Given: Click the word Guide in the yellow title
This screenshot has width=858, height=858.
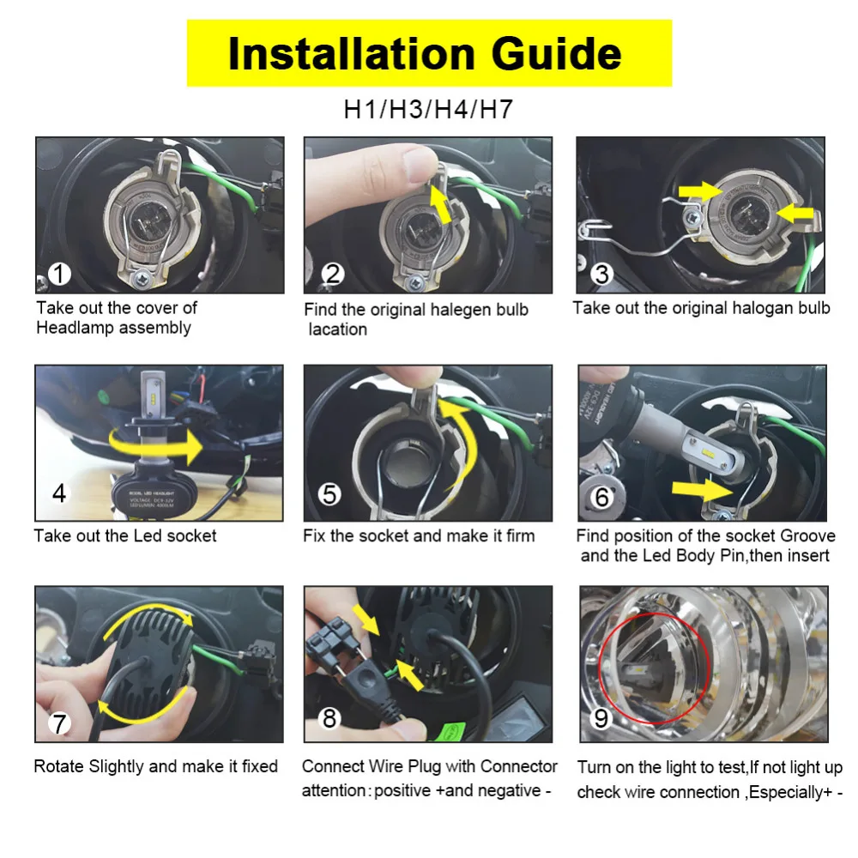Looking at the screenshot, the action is [x=556, y=53].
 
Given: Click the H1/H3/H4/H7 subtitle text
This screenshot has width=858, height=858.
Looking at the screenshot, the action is [x=428, y=109].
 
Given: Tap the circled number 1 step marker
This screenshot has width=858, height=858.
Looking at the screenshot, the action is [x=60, y=274].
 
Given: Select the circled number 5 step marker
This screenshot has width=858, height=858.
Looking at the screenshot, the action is [x=329, y=494].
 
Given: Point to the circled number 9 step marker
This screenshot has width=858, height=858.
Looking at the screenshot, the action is [x=601, y=718].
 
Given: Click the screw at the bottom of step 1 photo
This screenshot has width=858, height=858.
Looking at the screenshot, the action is [x=142, y=279].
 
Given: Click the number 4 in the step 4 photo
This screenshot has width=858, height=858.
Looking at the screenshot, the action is [x=59, y=493].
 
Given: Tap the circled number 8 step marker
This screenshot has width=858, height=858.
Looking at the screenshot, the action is [x=329, y=718].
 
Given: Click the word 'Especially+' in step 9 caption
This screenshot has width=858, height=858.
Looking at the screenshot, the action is [x=791, y=792].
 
